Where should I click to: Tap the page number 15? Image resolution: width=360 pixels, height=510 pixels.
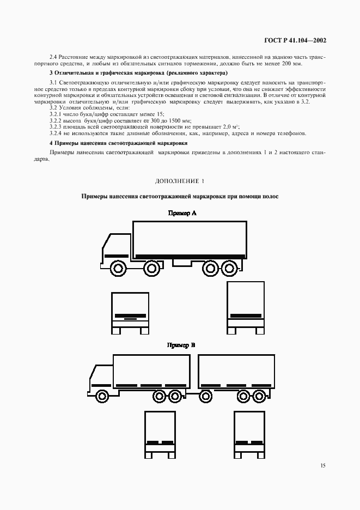point(323,465)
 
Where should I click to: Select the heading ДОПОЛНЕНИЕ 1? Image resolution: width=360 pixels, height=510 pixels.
point(180,180)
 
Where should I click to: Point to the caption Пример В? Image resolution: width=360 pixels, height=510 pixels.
point(181,345)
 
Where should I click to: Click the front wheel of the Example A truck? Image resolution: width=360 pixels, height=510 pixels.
point(117,268)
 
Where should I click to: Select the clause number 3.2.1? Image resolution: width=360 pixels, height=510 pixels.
point(57,114)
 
